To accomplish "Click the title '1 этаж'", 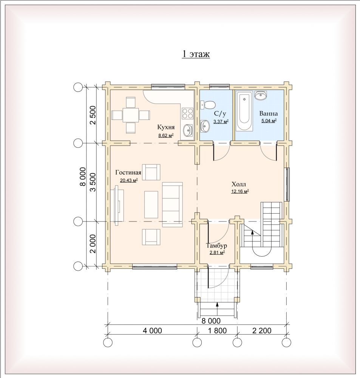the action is point(196,54).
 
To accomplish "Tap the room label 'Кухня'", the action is point(166,127).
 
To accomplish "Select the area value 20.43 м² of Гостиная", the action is point(129,180).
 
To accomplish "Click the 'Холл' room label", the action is point(239,184).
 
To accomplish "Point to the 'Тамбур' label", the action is point(216,246).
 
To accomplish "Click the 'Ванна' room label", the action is point(269,113).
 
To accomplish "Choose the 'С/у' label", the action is point(220,113).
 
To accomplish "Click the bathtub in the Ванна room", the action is point(244,111).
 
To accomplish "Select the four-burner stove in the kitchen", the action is point(187,113).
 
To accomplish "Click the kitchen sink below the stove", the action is point(188,130).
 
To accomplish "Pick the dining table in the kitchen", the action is point(131,115).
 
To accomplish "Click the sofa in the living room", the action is point(172,204).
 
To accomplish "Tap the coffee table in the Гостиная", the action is point(151,204).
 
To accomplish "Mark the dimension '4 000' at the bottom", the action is point(152,330).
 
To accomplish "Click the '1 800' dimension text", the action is point(217,330).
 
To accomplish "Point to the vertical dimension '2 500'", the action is point(93,115).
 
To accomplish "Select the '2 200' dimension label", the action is point(262,330).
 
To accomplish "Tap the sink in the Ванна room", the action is point(261,95).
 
